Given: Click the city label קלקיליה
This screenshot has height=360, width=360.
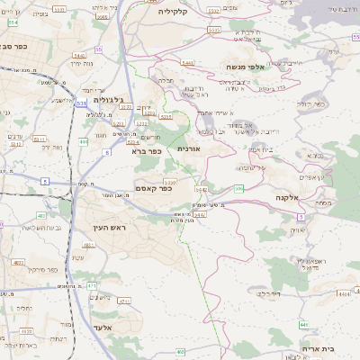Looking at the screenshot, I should [171, 12].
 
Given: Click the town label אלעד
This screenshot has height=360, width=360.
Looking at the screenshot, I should [102, 328].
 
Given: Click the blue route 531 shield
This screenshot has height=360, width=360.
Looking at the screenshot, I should [82, 104].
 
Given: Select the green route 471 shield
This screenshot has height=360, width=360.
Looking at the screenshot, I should [92, 285].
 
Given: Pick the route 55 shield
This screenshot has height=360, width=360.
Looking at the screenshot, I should [98, 49].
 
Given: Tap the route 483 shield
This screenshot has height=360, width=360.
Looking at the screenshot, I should [41, 215].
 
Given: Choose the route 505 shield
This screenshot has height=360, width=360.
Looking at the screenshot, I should [238, 188].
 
